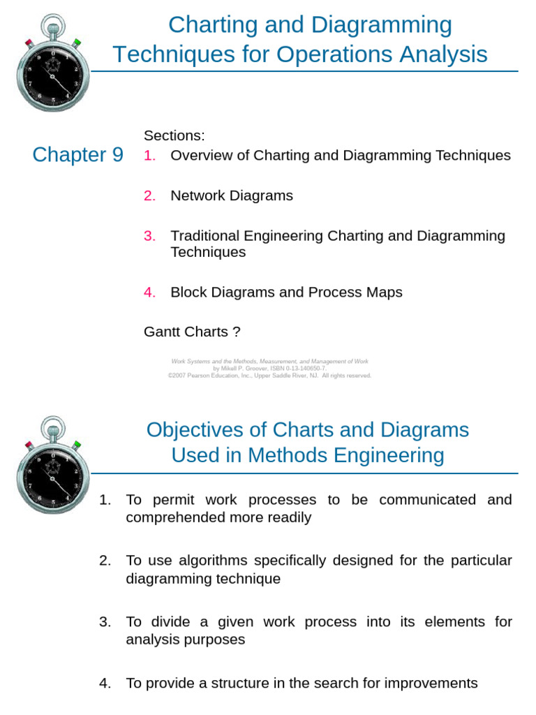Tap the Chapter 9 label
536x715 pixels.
point(77,154)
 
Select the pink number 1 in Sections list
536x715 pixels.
point(149,156)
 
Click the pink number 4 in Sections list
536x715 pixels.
point(149,293)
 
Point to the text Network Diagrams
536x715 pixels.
point(232,196)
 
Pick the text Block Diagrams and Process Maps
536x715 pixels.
point(286,293)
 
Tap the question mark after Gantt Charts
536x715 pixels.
point(237,332)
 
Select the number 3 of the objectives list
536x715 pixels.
point(105,621)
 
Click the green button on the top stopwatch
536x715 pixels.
point(77,43)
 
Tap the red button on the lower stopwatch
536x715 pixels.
point(29,444)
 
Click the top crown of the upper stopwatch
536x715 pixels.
point(53,27)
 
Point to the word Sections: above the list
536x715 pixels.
point(174,135)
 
